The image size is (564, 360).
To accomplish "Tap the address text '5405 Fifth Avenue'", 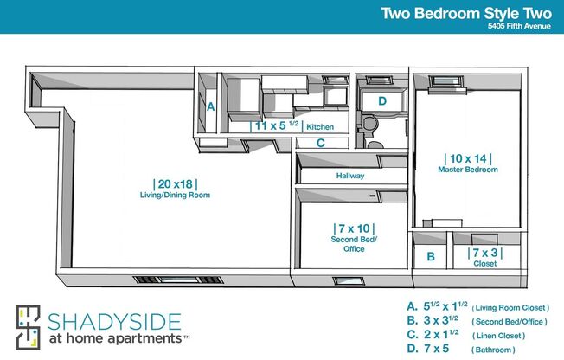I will point(520,26).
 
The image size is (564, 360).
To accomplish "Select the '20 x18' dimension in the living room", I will point(175,183).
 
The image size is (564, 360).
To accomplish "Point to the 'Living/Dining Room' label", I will point(175,196).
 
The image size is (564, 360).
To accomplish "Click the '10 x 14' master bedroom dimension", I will point(467,158).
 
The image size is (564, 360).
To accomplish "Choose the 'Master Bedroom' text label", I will point(467,170).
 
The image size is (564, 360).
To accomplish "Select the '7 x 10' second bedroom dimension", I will point(348,229).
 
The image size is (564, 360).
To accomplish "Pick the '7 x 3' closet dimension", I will point(484,253).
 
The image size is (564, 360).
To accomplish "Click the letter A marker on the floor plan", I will point(210,107).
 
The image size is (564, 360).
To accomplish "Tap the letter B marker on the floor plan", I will point(430,257).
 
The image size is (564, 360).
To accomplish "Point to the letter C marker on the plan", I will point(320,144).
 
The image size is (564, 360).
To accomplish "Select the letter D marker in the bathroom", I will point(381,100).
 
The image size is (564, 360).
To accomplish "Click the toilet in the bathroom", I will point(369,125).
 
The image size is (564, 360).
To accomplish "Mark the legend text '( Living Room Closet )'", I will point(510,307).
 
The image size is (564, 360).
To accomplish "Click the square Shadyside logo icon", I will point(29,328).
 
